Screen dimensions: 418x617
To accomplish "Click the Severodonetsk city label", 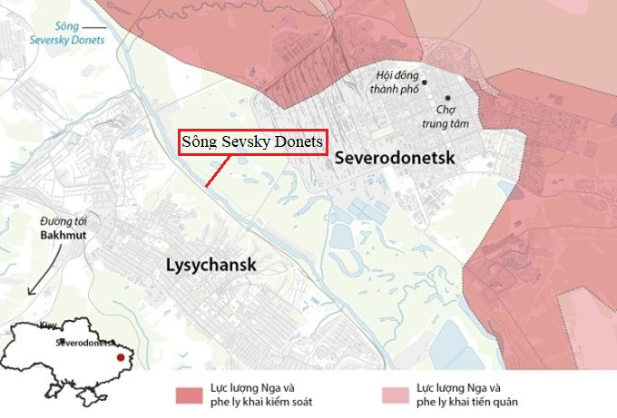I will tap(394, 157).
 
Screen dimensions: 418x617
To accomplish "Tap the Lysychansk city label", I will tap(211, 265).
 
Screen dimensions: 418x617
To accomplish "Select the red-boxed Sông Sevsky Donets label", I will tap(251, 142).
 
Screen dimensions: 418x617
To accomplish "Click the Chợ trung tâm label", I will tap(445, 116).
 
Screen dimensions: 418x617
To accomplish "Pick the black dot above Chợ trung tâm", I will tap(447, 97).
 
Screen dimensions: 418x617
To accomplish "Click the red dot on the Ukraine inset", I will tap(120, 357).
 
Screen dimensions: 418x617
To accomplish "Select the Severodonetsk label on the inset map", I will tap(86, 345).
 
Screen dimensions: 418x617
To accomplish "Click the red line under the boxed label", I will tap(216, 171).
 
